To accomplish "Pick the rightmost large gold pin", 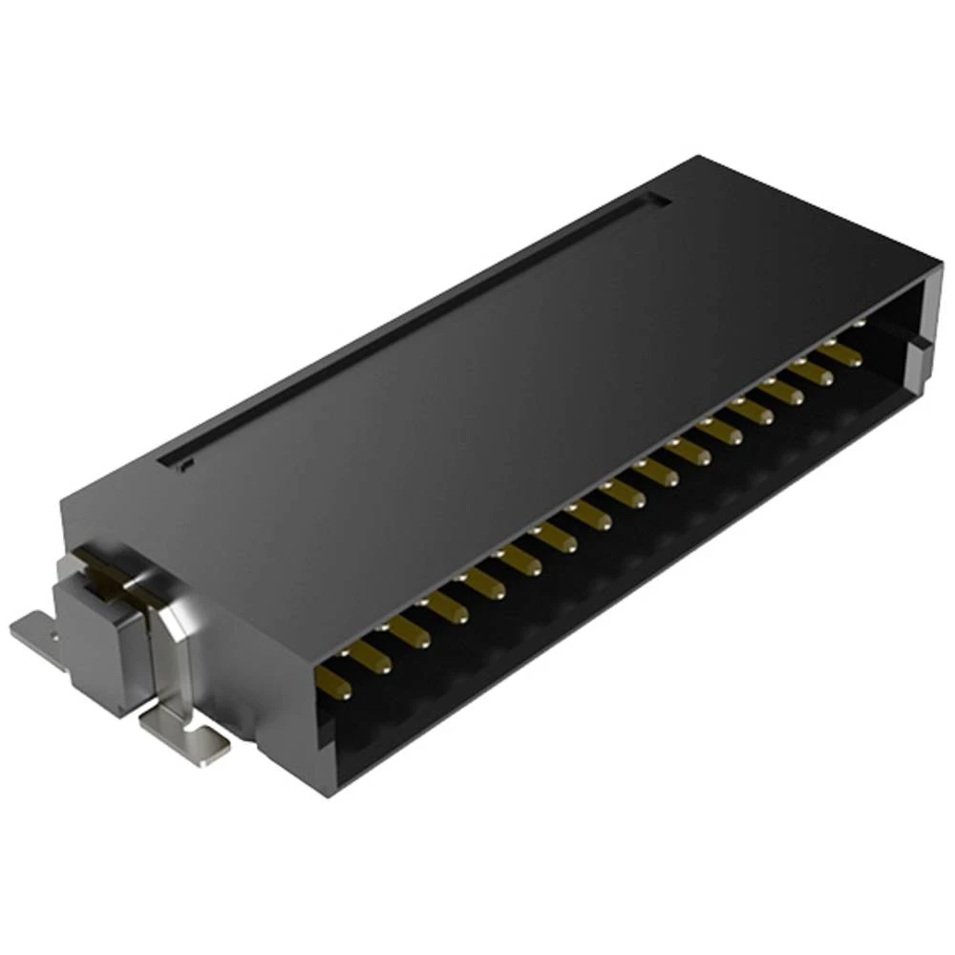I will (x=841, y=355).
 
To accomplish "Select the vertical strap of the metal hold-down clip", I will (x=181, y=659).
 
